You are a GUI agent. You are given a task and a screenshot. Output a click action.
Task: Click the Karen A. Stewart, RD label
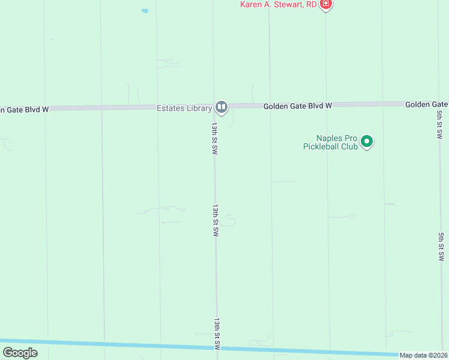(x=278, y=4)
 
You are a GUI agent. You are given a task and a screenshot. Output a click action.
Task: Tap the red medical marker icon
(x=326, y=4)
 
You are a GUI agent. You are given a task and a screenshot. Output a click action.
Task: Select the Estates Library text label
(x=184, y=108)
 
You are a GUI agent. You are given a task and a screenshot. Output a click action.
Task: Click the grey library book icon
(x=221, y=107)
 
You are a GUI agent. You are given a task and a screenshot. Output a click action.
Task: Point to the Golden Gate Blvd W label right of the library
(x=298, y=106)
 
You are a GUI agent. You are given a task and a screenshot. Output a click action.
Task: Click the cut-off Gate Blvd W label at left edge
(x=24, y=109)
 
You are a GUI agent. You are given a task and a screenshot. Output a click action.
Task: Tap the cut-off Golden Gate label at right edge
(x=427, y=104)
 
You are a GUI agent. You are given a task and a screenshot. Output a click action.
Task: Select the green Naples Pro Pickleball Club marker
(x=367, y=142)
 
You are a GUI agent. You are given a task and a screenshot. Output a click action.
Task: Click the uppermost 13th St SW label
(x=214, y=139)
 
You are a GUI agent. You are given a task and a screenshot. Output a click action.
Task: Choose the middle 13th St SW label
(x=214, y=220)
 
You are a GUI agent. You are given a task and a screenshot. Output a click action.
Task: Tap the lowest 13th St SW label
(x=217, y=334)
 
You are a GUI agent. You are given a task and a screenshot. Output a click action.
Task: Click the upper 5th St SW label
(x=440, y=125)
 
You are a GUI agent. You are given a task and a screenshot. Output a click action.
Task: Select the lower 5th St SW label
(x=441, y=247)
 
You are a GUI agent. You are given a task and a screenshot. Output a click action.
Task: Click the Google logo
(x=20, y=353)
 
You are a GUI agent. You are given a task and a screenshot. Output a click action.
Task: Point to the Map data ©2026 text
(x=424, y=355)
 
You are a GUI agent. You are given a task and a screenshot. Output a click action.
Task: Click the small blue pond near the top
(x=144, y=10)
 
